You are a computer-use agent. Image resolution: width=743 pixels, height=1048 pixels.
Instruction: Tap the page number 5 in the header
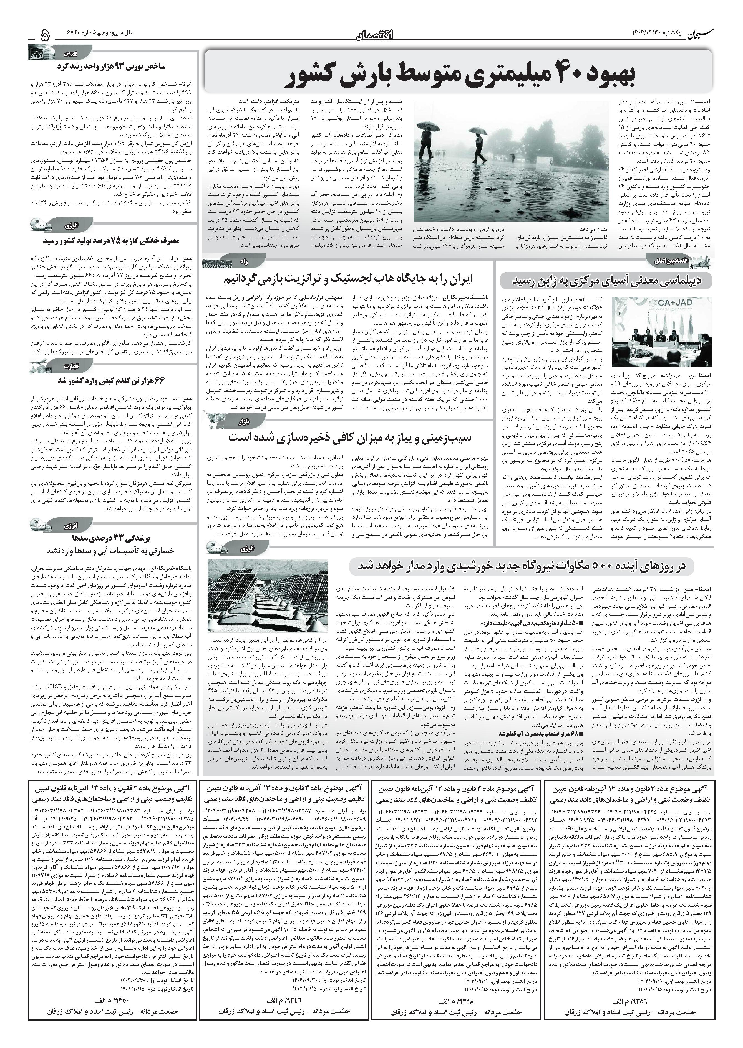click(x=45, y=35)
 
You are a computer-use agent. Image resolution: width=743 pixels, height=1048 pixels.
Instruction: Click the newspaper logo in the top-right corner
click(x=707, y=35)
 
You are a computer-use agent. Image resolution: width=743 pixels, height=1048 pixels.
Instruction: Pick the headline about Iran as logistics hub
click(x=348, y=278)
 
